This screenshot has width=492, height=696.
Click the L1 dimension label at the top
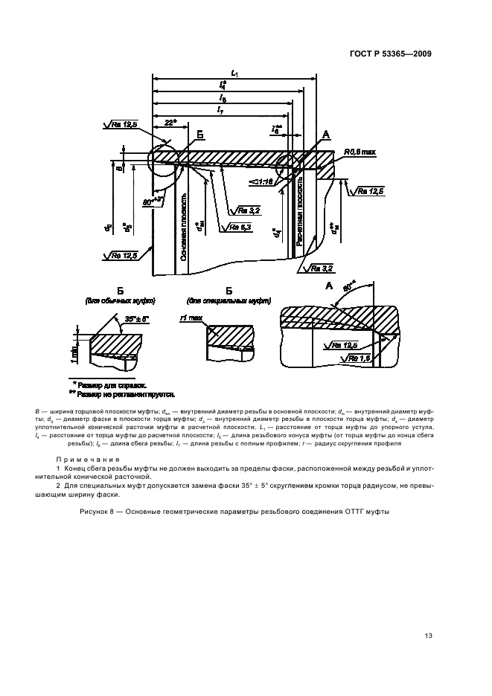click(x=235, y=72)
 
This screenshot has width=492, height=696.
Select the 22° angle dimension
click(x=170, y=122)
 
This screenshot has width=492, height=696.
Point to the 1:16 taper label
click(x=262, y=180)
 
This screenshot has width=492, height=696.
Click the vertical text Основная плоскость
click(x=182, y=227)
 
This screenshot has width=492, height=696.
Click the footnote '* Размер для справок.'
click(x=115, y=385)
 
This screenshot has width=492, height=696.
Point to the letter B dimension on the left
click(x=120, y=169)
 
